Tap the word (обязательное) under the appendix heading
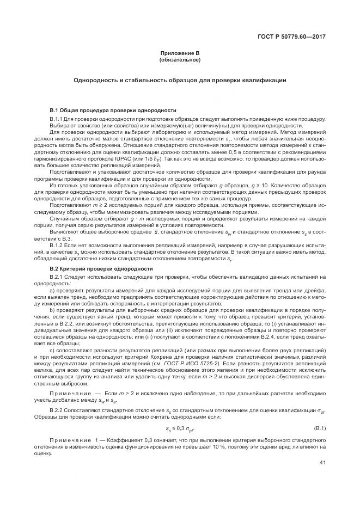coord(180,60)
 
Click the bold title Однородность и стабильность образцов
coord(180,80)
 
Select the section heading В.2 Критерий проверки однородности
coord(101,269)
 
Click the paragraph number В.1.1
coord(57,119)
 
